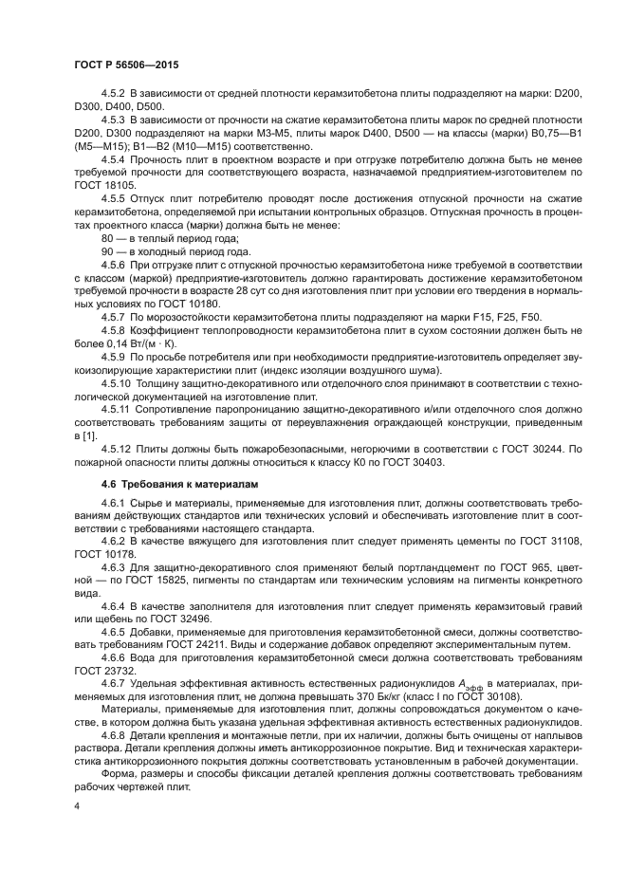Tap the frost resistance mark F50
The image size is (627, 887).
[x=531, y=318]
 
